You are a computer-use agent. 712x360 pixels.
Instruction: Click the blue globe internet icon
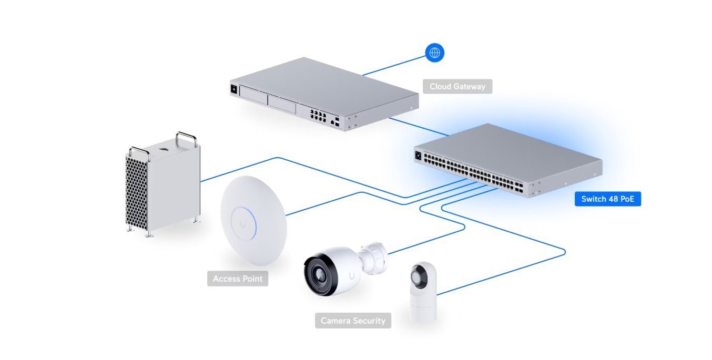pyautogui.click(x=434, y=53)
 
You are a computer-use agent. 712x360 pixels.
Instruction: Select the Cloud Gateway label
pyautogui.click(x=457, y=87)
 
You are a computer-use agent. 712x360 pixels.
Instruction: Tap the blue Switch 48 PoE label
pyautogui.click(x=607, y=199)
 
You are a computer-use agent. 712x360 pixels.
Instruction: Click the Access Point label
pyautogui.click(x=237, y=279)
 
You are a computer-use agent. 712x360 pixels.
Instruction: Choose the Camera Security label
pyautogui.click(x=353, y=321)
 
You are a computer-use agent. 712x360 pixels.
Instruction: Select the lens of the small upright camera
pyautogui.click(x=421, y=276)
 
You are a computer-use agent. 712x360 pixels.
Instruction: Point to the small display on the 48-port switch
pyautogui.click(x=419, y=156)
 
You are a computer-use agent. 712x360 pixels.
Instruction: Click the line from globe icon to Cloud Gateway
pyautogui.click(x=394, y=64)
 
